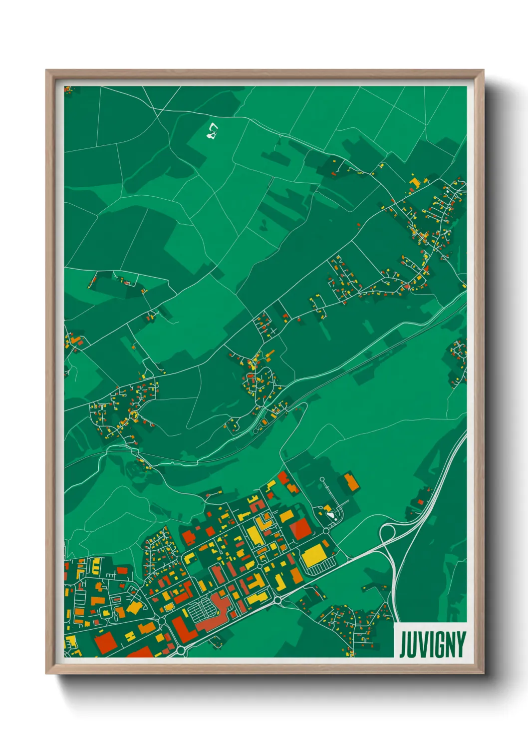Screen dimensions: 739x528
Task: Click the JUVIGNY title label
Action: pos(432,645)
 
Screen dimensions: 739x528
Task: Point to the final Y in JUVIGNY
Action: pos(461,645)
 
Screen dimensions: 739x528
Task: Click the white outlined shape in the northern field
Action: pos(212,131)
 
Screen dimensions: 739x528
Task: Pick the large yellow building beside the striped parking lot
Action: pos(313,554)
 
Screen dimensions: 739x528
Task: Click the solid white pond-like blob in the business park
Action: pos(330,515)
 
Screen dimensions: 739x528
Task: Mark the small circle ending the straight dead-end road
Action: pos(322,479)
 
